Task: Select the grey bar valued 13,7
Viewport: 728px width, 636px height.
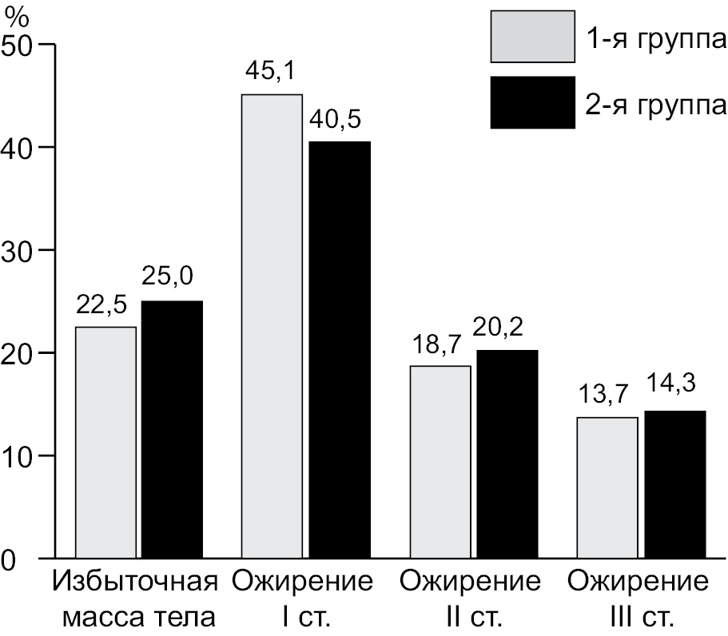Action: (x=607, y=487)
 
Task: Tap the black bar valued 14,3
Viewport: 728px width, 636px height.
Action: (x=674, y=484)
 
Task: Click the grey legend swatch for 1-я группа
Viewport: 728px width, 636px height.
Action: (x=532, y=36)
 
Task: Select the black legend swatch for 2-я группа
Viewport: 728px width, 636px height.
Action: (x=532, y=102)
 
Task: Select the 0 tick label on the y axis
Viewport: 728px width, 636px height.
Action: (x=10, y=558)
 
